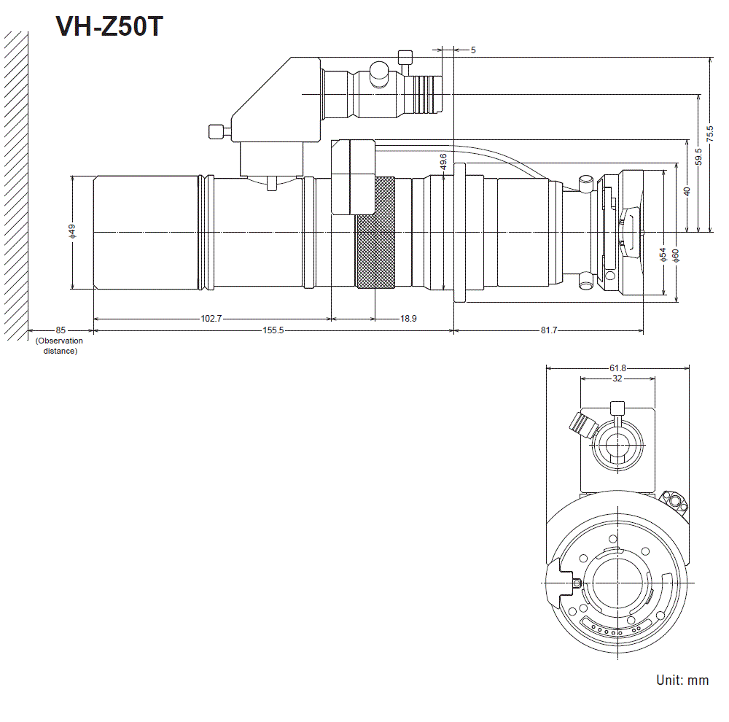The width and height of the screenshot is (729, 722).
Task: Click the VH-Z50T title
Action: (110, 27)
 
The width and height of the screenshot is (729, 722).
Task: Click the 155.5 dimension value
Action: (273, 331)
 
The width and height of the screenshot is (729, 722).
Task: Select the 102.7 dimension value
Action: (211, 319)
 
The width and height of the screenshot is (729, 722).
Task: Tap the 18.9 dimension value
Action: (409, 319)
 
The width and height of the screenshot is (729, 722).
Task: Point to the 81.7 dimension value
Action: (549, 331)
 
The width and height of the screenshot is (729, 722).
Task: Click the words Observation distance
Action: (59, 346)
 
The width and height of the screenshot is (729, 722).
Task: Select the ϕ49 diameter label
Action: (72, 231)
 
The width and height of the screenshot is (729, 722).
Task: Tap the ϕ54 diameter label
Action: (663, 254)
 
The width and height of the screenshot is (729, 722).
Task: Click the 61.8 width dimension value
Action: (617, 368)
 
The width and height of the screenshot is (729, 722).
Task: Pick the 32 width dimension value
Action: (617, 379)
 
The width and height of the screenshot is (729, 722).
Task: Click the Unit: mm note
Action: (682, 680)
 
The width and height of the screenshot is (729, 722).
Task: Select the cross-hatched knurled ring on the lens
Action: (375, 232)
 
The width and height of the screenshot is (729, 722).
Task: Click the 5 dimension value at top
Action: (473, 50)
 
